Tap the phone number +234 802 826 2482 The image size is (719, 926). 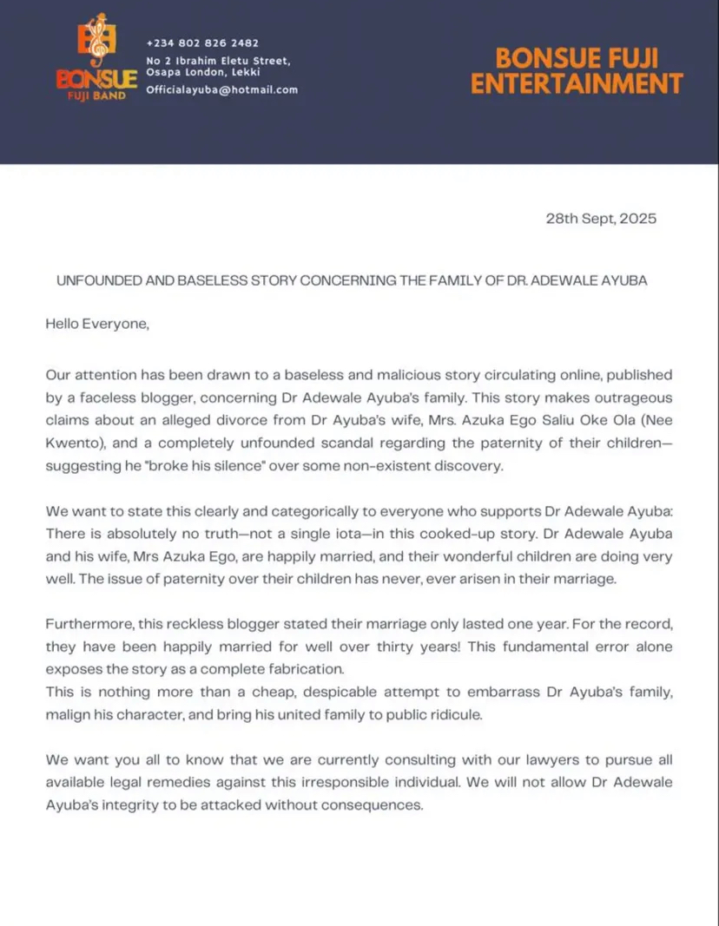pos(202,43)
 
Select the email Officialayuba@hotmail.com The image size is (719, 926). pos(221,90)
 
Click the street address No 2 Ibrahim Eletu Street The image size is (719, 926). pos(218,61)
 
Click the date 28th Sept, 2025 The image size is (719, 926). pos(600,219)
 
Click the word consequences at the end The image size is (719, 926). pos(375,804)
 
